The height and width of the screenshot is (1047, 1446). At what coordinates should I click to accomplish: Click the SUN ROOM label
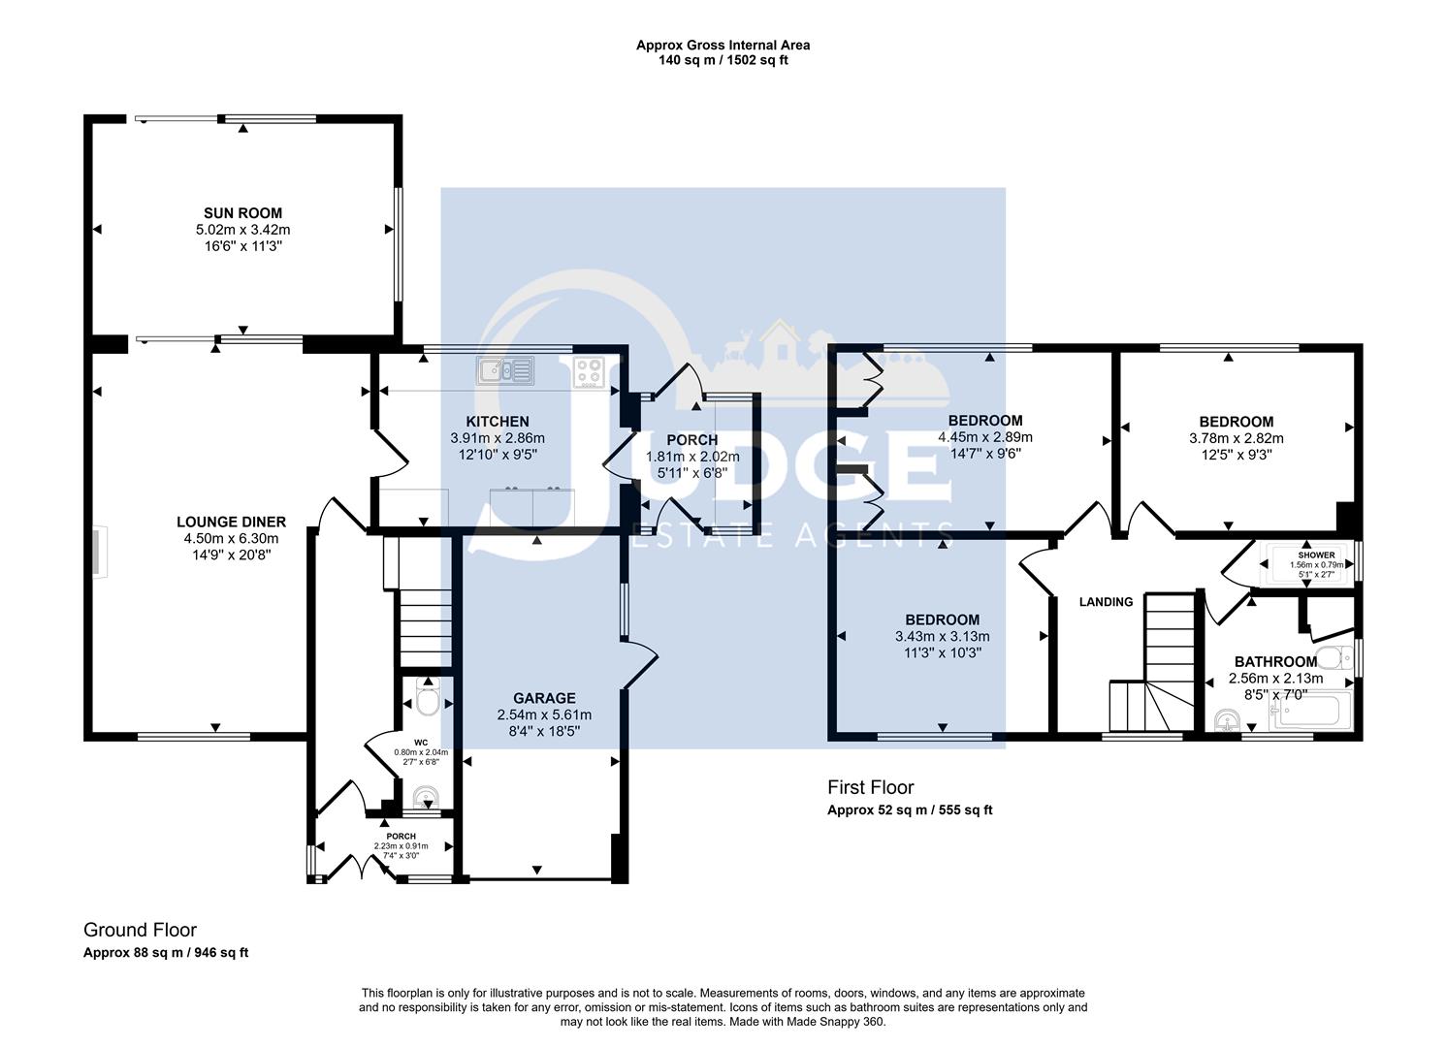point(242,213)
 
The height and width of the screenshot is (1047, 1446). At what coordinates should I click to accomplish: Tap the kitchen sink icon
point(504,369)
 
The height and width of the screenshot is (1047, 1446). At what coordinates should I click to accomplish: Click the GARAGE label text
point(544,698)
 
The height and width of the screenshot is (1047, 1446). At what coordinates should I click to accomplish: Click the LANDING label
point(1106,602)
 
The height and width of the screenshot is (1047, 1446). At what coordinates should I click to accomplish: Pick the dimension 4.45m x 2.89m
point(984,437)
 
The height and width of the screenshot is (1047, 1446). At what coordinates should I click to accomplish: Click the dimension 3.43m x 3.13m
point(942,637)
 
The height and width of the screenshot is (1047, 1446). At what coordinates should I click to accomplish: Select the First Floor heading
point(870,787)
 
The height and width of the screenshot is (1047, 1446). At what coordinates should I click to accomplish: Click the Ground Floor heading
point(140,931)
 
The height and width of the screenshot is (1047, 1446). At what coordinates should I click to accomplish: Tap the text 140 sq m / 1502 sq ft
point(723,60)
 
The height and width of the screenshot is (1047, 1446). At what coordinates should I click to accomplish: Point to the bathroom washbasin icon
point(1227,720)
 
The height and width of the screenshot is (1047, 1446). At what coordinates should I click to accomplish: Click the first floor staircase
point(1159,669)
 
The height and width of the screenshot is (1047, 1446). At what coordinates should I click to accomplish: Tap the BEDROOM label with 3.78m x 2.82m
point(1236,422)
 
